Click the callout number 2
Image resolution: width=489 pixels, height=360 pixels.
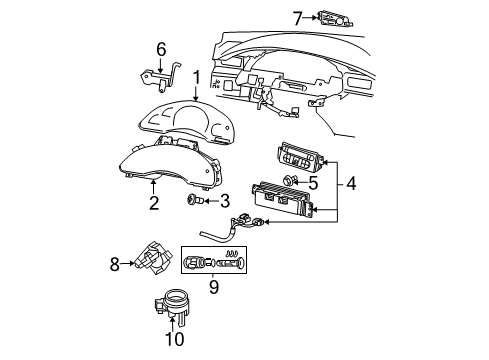pos(153,204)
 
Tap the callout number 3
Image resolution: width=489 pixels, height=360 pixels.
pos(226,200)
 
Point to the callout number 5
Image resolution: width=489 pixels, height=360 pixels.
pos(312,183)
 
